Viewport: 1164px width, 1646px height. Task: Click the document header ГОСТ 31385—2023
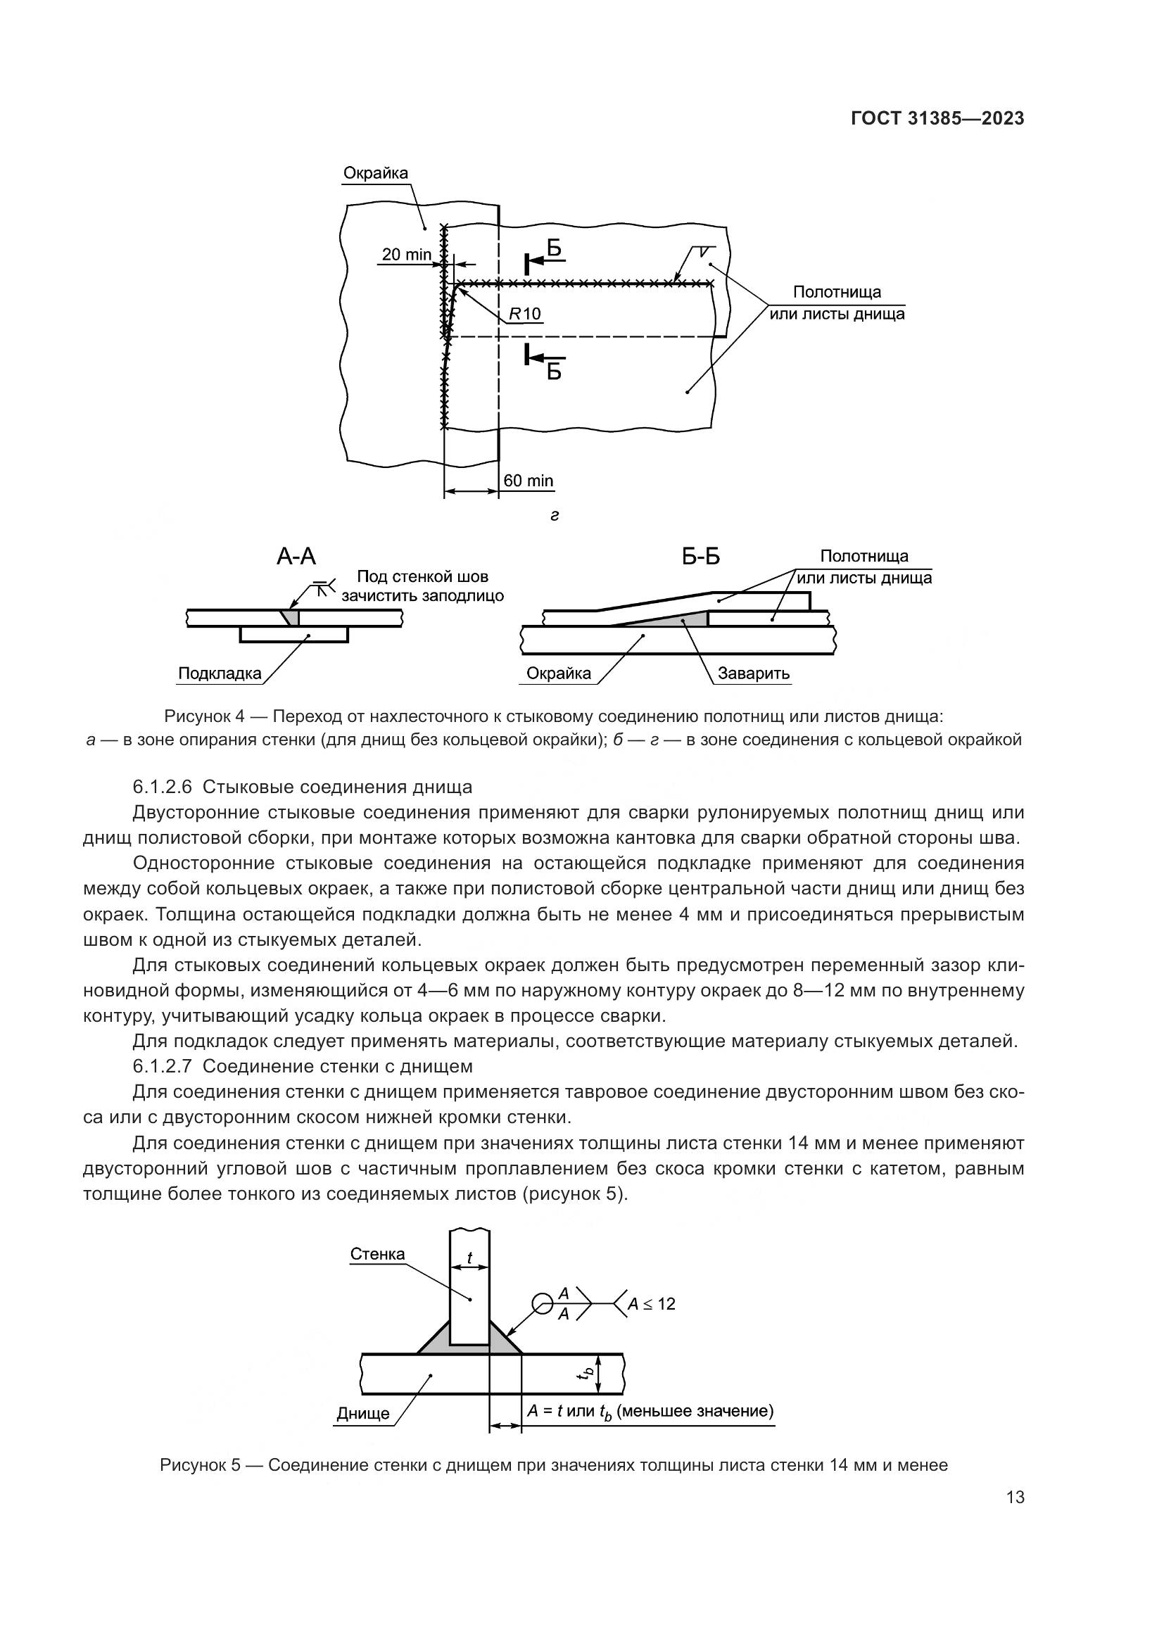(937, 119)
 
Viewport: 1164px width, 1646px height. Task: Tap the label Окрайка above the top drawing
(375, 173)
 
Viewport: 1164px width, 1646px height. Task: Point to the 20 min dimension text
(406, 255)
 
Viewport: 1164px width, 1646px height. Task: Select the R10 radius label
(525, 314)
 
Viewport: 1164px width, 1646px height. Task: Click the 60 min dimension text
(529, 481)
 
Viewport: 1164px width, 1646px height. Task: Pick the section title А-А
(296, 557)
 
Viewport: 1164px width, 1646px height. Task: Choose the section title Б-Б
(700, 557)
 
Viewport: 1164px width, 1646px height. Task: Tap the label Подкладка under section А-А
(220, 674)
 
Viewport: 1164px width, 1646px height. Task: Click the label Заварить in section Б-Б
(753, 674)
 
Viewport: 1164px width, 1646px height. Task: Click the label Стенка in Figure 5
(377, 1254)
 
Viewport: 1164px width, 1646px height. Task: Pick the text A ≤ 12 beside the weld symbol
(651, 1304)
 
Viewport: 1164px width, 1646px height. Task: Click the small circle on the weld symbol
(543, 1303)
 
